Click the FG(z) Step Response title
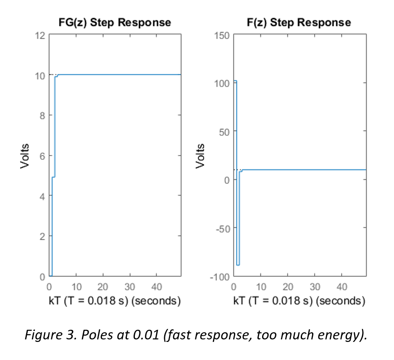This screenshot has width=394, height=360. click(x=115, y=22)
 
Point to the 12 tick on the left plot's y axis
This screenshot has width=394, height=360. click(x=40, y=35)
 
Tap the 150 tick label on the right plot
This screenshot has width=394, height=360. click(x=222, y=35)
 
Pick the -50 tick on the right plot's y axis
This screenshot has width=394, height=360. click(x=222, y=229)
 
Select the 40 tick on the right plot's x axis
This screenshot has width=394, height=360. click(x=342, y=287)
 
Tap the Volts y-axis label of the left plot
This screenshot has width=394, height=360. click(x=25, y=156)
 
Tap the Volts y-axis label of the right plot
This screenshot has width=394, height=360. click(x=201, y=156)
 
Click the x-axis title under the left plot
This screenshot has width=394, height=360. click(x=115, y=301)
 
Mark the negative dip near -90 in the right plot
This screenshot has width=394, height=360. click(x=238, y=265)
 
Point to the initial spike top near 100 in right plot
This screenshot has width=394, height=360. click(x=235, y=81)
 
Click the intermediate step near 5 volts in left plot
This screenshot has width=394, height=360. click(x=53, y=177)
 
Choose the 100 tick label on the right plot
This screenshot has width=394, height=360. click(x=222, y=83)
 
